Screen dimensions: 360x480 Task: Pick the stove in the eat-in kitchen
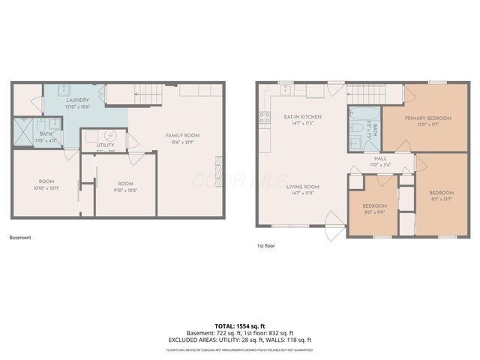(264, 117)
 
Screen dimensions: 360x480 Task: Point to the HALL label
(380, 159)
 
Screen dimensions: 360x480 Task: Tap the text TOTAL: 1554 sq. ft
(240, 325)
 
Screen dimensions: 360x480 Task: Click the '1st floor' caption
(266, 245)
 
